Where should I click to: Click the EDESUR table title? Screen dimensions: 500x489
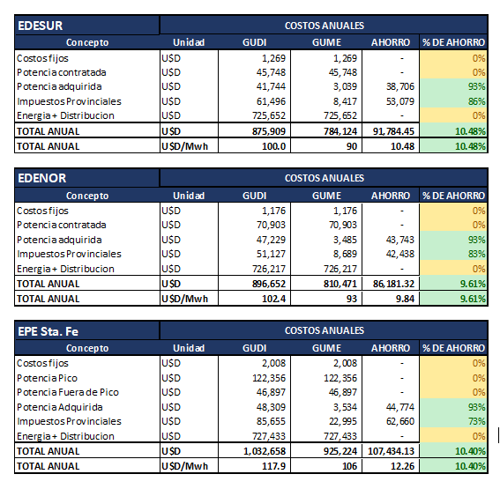click(41, 26)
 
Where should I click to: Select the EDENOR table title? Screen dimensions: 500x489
click(42, 178)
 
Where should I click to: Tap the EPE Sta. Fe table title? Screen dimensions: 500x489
click(49, 331)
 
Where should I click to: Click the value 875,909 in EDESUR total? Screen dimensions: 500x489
click(269, 131)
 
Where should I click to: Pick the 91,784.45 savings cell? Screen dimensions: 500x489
click(393, 131)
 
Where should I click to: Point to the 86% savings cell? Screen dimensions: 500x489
click(477, 101)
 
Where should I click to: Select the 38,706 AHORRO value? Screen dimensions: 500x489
click(400, 86)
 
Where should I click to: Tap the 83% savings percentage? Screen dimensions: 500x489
click(477, 254)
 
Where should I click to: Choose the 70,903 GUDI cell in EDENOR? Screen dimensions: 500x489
click(271, 225)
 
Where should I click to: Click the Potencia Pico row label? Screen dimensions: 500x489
click(48, 378)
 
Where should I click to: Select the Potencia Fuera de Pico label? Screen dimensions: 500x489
click(68, 392)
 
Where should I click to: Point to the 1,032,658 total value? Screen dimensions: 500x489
click(265, 451)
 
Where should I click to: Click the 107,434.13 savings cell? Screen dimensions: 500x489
click(391, 451)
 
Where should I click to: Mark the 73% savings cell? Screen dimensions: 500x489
click(477, 421)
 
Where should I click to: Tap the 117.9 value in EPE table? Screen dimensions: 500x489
click(274, 466)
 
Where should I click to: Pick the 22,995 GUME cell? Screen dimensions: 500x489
click(343, 421)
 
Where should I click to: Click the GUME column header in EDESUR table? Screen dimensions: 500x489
click(326, 42)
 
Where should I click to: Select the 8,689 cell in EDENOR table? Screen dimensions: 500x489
click(345, 254)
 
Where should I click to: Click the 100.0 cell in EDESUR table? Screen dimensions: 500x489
click(274, 146)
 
